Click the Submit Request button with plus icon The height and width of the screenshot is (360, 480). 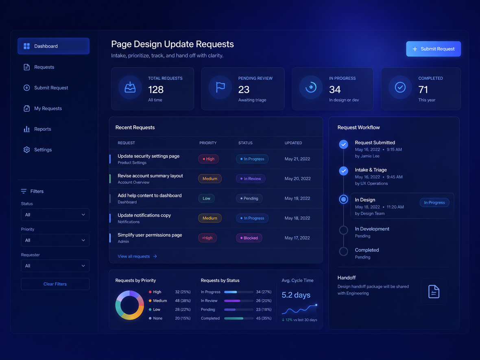(x=433, y=49)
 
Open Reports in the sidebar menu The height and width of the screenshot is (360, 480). (x=43, y=129)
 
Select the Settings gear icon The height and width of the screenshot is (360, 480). (x=26, y=150)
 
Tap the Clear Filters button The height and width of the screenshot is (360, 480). (x=55, y=284)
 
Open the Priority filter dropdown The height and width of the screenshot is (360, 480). (x=55, y=240)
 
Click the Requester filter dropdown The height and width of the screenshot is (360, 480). (x=55, y=266)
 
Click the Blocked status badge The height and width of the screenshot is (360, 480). (x=249, y=238)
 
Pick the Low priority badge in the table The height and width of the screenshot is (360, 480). (x=206, y=199)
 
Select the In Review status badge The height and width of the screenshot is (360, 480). (x=251, y=179)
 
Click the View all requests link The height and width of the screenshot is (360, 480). (x=137, y=257)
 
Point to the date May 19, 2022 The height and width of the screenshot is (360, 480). (x=297, y=199)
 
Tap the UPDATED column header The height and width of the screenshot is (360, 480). (x=293, y=143)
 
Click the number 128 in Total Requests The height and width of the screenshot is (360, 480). (x=156, y=89)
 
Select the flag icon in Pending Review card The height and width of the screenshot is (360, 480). (x=220, y=87)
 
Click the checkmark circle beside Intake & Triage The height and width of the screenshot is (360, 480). (x=343, y=171)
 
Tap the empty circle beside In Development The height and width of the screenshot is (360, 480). (x=343, y=230)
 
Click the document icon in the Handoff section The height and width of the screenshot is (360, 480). (x=434, y=291)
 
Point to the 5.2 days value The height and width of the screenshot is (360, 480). (x=296, y=295)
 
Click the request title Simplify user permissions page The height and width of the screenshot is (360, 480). (x=150, y=235)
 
